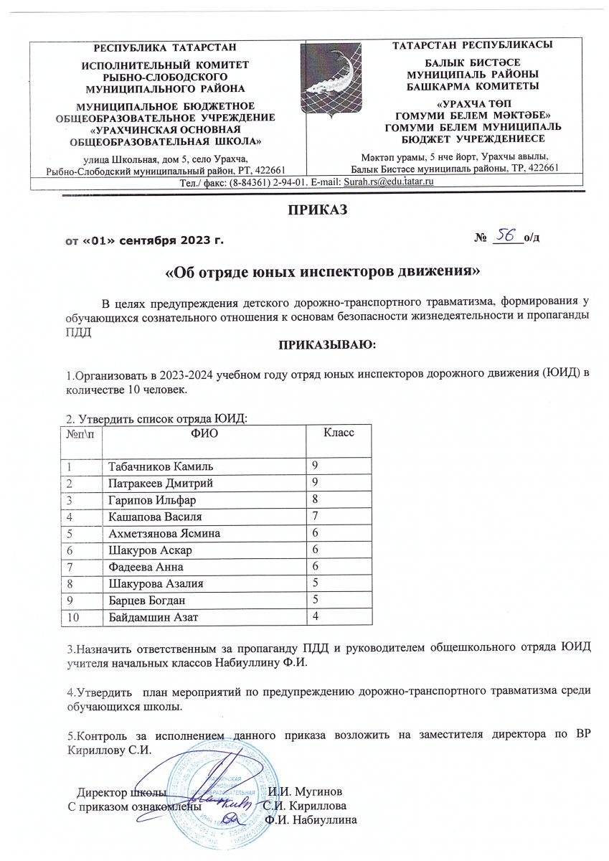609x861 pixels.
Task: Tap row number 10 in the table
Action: pos(74,616)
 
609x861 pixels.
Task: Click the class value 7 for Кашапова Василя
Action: pos(314,515)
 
